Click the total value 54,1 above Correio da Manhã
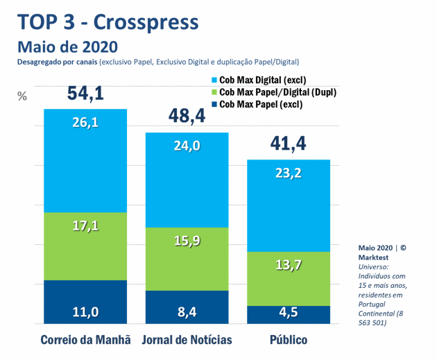[x=86, y=93]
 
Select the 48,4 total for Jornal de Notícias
[x=187, y=116]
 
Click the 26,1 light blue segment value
[x=86, y=123]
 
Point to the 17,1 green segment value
[x=86, y=225]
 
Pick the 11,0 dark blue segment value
[x=86, y=312]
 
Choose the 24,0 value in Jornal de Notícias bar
[x=187, y=146]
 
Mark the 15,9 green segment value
[x=187, y=241]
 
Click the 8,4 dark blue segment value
[x=187, y=312]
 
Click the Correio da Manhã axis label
[x=86, y=341]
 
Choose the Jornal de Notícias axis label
[x=187, y=341]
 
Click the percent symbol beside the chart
[x=22, y=96]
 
